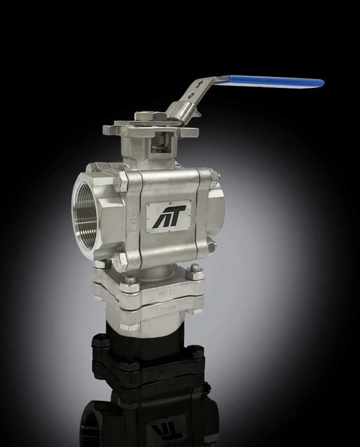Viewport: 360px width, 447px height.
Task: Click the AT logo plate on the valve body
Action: click(168, 217)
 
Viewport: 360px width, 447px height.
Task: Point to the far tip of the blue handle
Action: click(321, 83)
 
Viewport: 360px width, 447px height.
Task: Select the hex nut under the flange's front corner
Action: click(130, 325)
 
